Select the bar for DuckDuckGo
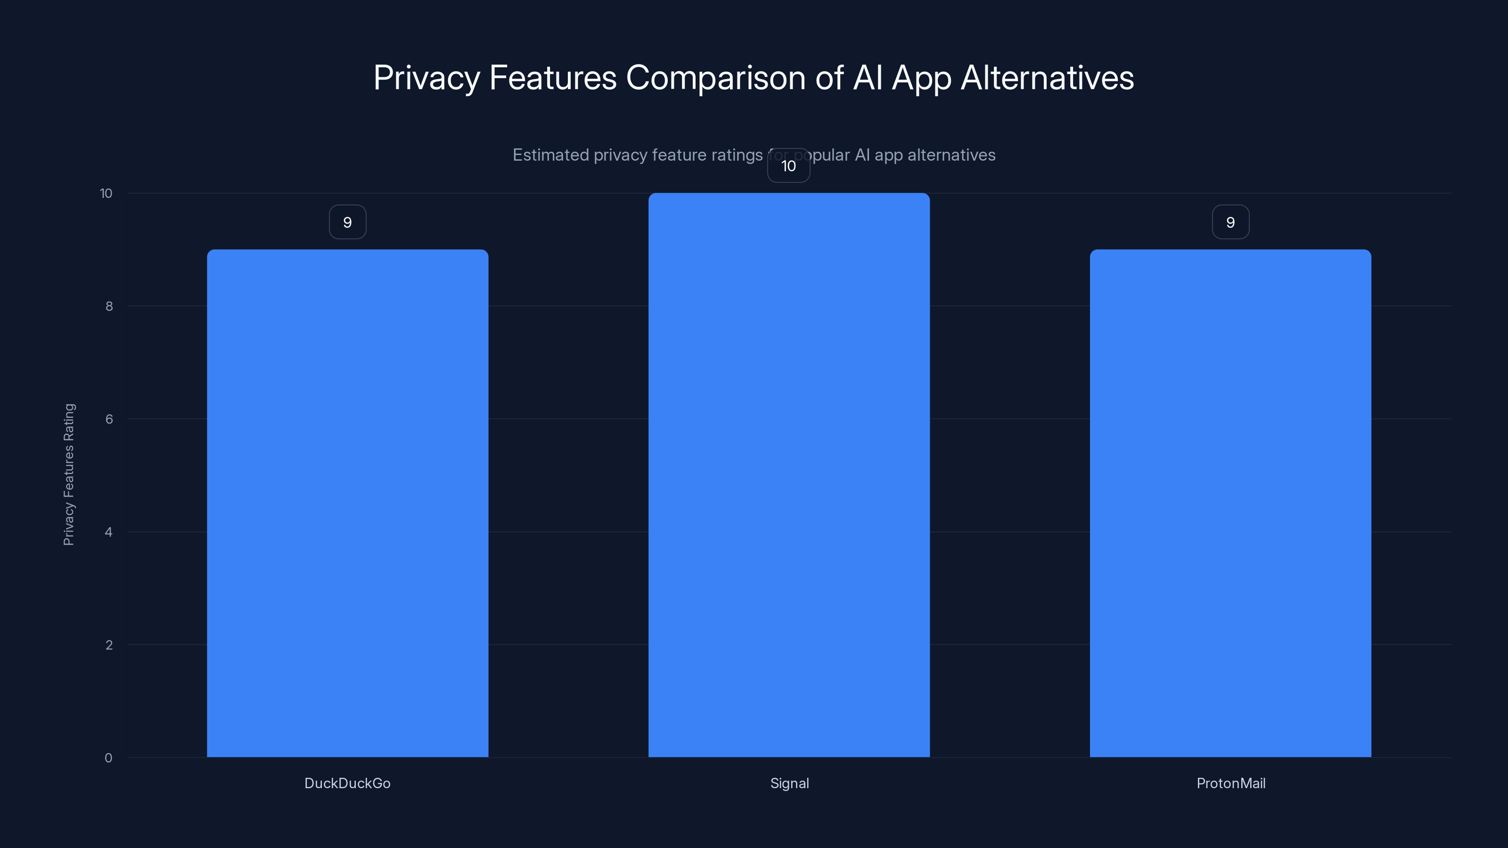pos(347,503)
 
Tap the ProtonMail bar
pos(1230,503)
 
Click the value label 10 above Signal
pos(788,166)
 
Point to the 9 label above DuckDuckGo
pos(347,222)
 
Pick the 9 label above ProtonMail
pos(1230,222)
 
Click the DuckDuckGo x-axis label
pos(347,783)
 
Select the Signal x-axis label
pos(789,783)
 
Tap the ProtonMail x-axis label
pos(1230,783)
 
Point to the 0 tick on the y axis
pos(108,758)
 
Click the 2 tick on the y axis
pos(109,645)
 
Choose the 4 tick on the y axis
pos(108,532)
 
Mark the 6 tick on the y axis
pos(109,419)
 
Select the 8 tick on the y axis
pos(109,306)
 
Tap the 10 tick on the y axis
pos(106,193)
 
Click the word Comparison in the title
pos(715,78)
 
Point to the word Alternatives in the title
pos(1047,78)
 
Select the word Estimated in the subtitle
pos(550,155)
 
